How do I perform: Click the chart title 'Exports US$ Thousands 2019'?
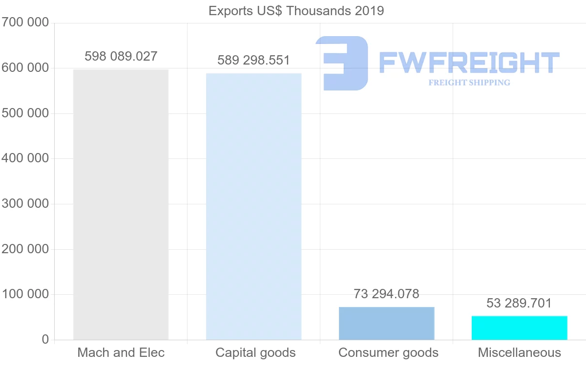pyautogui.click(x=296, y=11)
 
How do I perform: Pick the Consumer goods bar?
pyautogui.click(x=386, y=323)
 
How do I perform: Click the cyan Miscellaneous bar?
pyautogui.click(x=519, y=328)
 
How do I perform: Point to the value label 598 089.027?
pyautogui.click(x=121, y=56)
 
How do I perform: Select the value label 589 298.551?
pyautogui.click(x=253, y=61)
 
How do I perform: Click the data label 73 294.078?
pyautogui.click(x=386, y=294)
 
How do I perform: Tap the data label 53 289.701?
pyautogui.click(x=519, y=304)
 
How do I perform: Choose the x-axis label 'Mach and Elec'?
pyautogui.click(x=121, y=352)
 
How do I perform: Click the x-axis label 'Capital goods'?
pyautogui.click(x=255, y=352)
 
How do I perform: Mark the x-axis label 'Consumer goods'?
pyautogui.click(x=388, y=352)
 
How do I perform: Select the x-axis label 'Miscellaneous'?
pyautogui.click(x=520, y=352)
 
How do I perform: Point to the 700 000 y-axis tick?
pyautogui.click(x=25, y=22)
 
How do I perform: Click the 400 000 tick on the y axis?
pyautogui.click(x=25, y=158)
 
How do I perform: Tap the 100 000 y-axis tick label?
pyautogui.click(x=25, y=294)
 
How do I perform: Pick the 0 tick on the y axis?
pyautogui.click(x=45, y=339)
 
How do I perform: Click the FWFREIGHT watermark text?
pyautogui.click(x=469, y=63)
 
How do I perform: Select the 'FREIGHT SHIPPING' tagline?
pyautogui.click(x=469, y=83)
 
